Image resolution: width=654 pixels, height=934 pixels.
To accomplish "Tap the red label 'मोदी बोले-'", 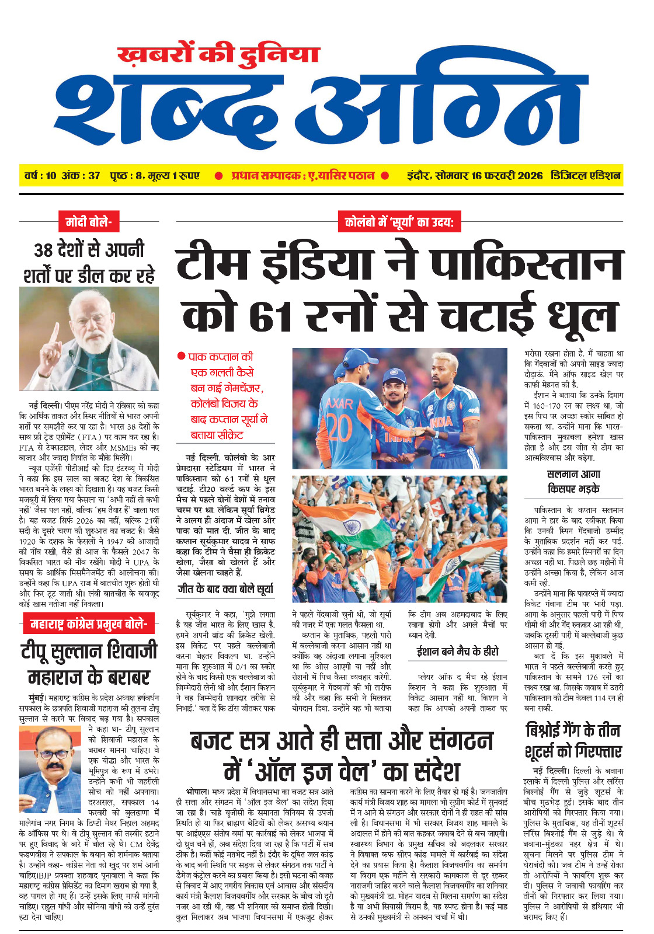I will [x=88, y=222].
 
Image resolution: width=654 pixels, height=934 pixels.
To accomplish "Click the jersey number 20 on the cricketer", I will [x=339, y=427].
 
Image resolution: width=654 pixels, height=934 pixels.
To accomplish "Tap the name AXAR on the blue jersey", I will [x=339, y=403].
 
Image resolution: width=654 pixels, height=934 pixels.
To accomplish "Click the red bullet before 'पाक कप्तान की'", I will [x=181, y=356].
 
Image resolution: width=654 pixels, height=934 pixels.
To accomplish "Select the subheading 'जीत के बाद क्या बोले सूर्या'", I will [x=225, y=590].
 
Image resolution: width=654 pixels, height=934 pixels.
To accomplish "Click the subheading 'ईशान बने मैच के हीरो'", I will [x=457, y=651].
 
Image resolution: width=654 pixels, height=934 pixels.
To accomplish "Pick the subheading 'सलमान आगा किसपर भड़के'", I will [x=573, y=482].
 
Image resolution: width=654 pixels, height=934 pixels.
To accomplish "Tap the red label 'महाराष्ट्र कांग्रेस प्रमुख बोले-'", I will [x=88, y=624].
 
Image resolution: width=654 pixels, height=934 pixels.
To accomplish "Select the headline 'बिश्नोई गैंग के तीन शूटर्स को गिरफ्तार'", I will [x=573, y=740].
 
